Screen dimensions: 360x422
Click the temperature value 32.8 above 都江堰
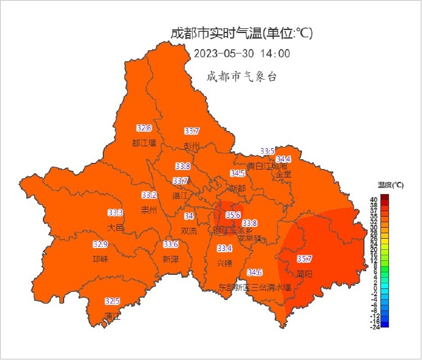(x=144, y=128)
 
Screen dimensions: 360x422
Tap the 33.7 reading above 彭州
(x=192, y=131)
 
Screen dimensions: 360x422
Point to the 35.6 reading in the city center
(x=233, y=216)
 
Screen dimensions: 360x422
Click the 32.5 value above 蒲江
(x=112, y=301)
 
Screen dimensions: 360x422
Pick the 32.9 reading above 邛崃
(x=100, y=244)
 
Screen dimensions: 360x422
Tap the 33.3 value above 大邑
(x=116, y=212)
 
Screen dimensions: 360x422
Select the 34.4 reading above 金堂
(x=283, y=159)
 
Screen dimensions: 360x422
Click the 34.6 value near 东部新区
(x=255, y=272)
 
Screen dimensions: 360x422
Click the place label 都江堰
(x=144, y=143)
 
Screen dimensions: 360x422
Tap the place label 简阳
(x=305, y=274)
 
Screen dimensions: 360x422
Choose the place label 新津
(x=171, y=259)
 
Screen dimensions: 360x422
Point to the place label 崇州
(x=149, y=210)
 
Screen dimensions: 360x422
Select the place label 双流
(x=189, y=231)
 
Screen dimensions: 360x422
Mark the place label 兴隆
(x=224, y=263)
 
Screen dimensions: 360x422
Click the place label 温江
(x=180, y=196)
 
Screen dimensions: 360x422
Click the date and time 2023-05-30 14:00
(x=242, y=53)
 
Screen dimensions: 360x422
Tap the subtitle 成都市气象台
(x=242, y=77)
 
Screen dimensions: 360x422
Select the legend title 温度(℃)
(x=390, y=184)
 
